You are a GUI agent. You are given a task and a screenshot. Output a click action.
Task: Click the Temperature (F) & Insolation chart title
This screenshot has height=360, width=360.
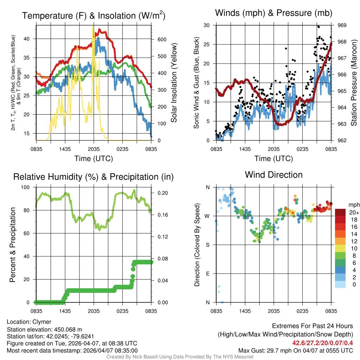pos(94,16)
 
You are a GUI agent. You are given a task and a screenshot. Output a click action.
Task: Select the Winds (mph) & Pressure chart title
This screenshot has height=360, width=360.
pos(274,13)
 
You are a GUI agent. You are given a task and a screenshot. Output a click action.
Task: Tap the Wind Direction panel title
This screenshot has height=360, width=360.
pos(274,175)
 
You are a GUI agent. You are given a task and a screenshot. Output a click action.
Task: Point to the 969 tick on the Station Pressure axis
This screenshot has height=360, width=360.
pos(342,25)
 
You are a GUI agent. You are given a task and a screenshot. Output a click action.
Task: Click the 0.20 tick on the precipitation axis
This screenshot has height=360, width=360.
pos(162,193)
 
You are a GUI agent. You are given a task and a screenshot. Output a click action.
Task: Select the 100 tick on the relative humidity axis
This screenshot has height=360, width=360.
pos(27,187)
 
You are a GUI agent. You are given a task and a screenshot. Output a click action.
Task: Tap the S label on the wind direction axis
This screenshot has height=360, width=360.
pos(207,245)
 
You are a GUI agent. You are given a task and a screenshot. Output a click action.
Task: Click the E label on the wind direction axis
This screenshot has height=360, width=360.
pos(207,274)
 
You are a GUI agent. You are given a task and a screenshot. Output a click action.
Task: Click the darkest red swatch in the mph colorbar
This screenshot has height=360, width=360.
pos(340,212)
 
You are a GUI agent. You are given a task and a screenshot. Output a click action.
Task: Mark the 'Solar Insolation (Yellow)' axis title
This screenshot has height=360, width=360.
pos(174,83)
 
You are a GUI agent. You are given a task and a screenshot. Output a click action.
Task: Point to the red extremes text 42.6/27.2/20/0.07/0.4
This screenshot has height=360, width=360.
pos(322,342)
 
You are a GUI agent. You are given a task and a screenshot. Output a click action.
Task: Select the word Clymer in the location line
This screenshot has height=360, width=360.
pos(42,322)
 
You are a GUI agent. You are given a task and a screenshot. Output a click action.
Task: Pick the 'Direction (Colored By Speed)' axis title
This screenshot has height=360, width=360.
pos(197,245)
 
